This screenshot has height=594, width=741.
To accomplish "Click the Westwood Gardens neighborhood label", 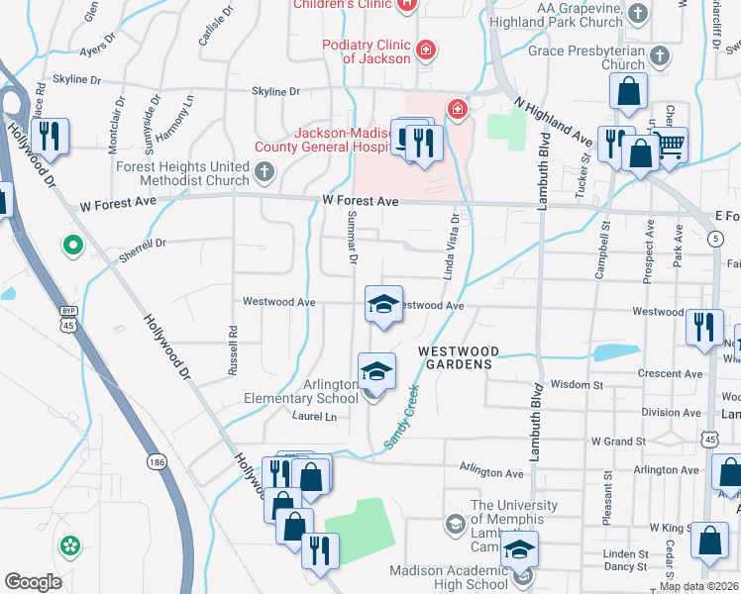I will (455, 357).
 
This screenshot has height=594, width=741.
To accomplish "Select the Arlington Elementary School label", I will (301, 391).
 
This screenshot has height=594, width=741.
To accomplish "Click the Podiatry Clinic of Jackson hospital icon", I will (426, 49).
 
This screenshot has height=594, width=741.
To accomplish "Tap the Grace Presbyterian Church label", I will (586, 57).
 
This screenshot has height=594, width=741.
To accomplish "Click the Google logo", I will (33, 582).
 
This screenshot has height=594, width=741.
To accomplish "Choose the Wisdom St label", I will (576, 384).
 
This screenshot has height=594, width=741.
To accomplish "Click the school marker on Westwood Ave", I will (383, 304).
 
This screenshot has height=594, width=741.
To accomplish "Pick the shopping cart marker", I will (671, 146).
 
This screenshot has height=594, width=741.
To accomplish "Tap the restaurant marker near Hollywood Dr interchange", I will (48, 137).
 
